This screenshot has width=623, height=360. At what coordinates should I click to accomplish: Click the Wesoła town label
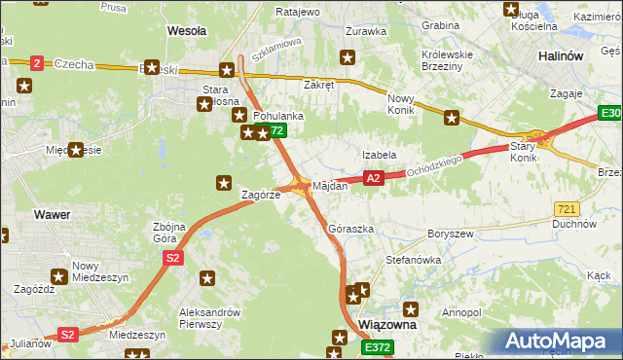[187, 31]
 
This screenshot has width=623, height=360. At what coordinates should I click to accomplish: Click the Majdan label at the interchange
[330, 186]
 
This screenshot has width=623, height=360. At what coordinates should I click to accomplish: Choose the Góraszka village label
[351, 230]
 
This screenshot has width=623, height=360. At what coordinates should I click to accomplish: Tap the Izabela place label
[379, 155]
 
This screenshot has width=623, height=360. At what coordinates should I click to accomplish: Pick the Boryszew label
[450, 234]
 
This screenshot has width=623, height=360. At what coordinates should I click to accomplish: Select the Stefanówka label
[414, 261]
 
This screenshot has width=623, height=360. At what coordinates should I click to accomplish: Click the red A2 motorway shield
[373, 178]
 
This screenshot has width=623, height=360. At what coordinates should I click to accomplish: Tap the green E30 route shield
[610, 115]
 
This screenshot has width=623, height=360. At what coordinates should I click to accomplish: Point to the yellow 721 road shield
[566, 209]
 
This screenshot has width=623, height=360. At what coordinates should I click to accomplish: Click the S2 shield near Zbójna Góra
[172, 258]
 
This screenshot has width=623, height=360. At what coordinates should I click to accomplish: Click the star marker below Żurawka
[347, 58]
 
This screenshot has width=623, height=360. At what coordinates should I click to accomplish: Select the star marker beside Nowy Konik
[452, 119]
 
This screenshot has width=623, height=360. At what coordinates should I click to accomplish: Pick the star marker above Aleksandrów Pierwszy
[206, 279]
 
